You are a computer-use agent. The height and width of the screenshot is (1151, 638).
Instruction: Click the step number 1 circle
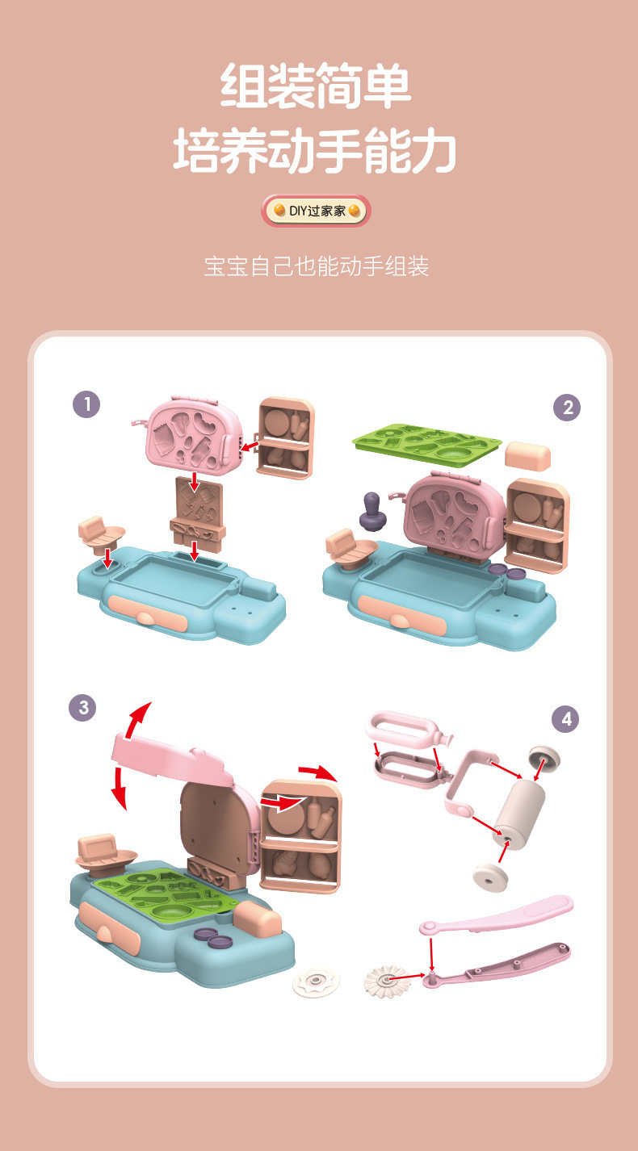coord(86,404)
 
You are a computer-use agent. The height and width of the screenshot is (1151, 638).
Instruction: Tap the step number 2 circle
coord(567,408)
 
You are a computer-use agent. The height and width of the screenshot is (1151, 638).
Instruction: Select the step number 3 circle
coord(82,708)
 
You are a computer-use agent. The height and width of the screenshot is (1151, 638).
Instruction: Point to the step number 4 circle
coord(565,719)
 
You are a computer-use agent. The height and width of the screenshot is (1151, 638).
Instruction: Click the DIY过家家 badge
coord(316,211)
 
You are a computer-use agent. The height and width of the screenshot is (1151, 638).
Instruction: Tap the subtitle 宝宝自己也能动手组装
coord(317,266)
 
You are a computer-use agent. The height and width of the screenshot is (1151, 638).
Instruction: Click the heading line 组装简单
coord(316,86)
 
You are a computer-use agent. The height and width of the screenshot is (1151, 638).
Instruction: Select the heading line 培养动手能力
coord(315,149)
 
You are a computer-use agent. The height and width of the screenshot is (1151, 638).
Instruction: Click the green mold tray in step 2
coord(426,444)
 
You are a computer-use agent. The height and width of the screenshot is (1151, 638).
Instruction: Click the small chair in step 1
coord(100,534)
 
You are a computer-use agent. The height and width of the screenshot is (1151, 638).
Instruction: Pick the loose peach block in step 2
coord(527,456)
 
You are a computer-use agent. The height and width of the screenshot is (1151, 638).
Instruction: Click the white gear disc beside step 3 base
coord(316,983)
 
